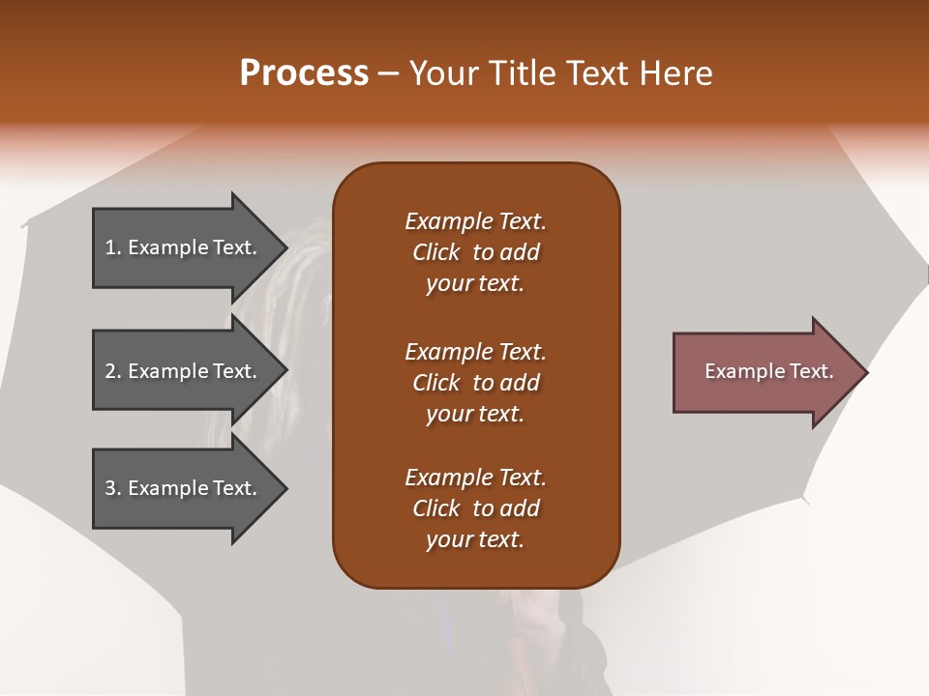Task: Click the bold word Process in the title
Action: click(x=304, y=73)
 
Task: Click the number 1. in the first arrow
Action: click(x=113, y=247)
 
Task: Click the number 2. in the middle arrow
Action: click(x=113, y=371)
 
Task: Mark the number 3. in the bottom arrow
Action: click(x=113, y=488)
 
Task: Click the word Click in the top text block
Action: click(x=436, y=252)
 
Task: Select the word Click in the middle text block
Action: click(x=436, y=383)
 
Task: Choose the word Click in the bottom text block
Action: click(x=436, y=508)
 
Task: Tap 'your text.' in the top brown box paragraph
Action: click(x=475, y=284)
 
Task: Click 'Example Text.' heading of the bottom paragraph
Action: click(x=475, y=478)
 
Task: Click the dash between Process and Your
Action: click(x=389, y=73)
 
